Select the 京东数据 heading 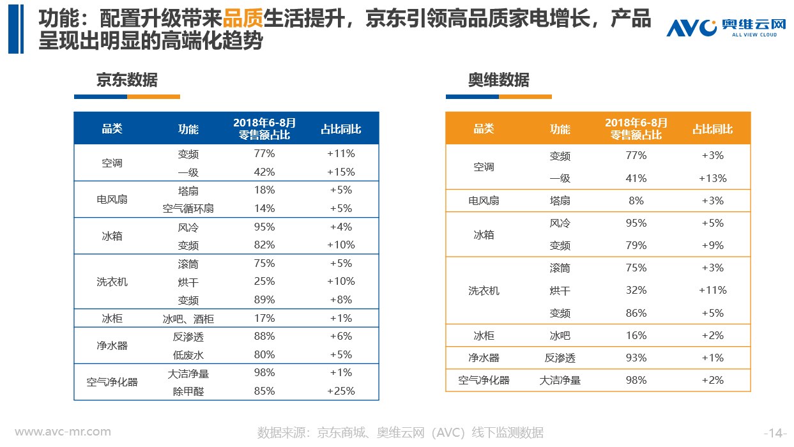pos(126,80)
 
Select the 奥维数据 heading pos(498,80)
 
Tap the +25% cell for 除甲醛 pos(340,391)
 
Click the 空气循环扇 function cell pos(188,209)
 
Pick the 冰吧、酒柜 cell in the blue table pos(188,319)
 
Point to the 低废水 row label pos(188,355)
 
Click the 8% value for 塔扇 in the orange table pos(636,201)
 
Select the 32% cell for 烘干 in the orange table pos(636,290)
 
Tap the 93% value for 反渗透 pos(636,358)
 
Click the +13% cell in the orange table pos(712,178)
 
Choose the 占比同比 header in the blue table pos(340,129)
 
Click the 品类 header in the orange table pos(484,129)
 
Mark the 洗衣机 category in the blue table pos(112,282)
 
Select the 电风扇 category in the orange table pos(484,201)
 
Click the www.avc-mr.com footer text pos(63,432)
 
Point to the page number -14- pos(775,433)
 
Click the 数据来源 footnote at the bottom pos(401,433)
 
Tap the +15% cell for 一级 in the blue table pos(340,172)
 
